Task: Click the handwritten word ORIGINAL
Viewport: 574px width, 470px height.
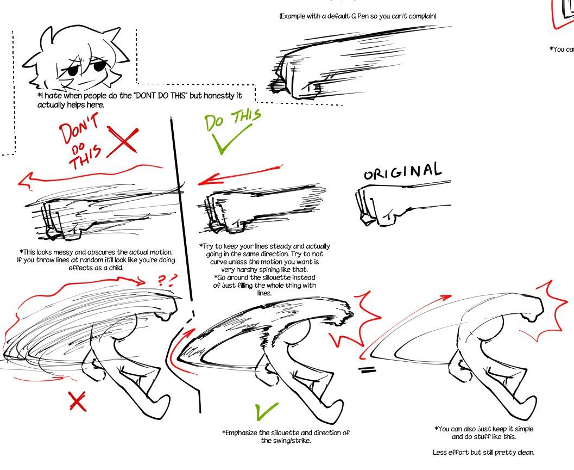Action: tap(403, 171)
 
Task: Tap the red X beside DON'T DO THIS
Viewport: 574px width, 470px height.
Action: tap(123, 141)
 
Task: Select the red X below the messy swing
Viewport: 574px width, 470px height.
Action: tap(78, 401)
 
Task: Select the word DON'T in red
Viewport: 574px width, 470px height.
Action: tap(79, 128)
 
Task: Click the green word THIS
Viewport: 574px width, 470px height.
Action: tap(247, 116)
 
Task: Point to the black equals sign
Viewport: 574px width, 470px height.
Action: tap(367, 370)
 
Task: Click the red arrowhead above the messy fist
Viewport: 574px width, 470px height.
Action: tap(26, 181)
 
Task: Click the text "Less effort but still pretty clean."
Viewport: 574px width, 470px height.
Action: tap(483, 453)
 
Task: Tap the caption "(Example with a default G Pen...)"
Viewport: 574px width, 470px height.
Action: tap(358, 16)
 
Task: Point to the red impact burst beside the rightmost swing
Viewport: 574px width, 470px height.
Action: tap(549, 312)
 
